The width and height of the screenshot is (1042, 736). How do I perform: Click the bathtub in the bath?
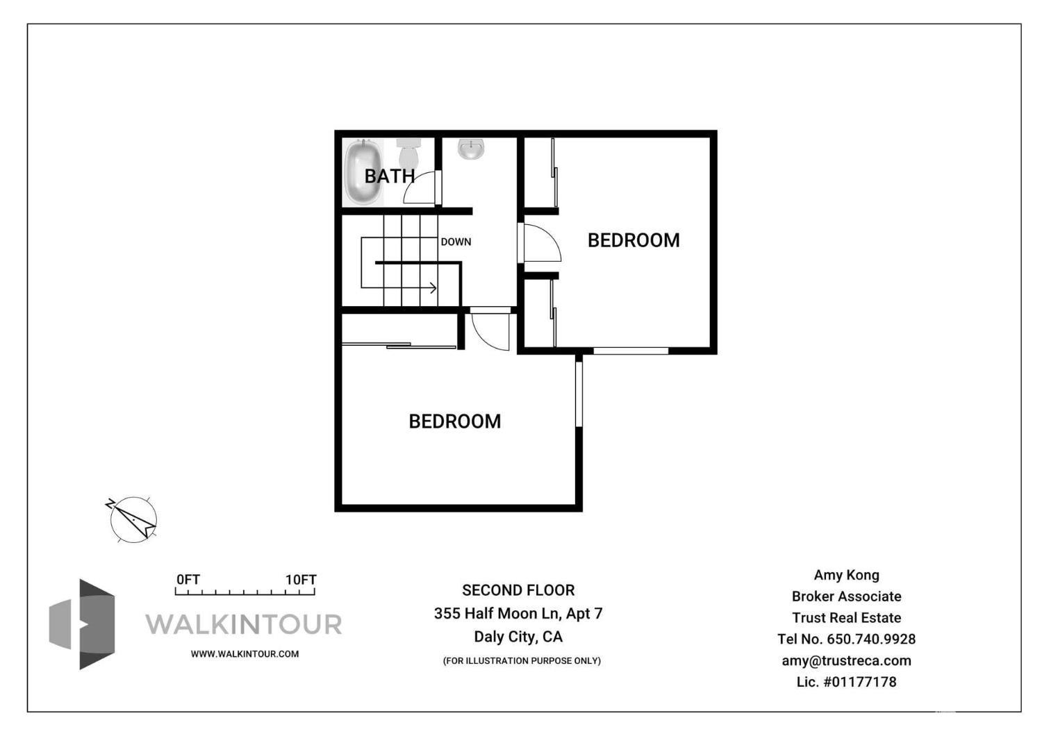click(x=363, y=172)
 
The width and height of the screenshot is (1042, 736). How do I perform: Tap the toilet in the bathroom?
click(x=409, y=151)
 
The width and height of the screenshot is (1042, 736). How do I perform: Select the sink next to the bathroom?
click(x=471, y=149)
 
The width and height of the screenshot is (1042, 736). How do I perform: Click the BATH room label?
click(x=390, y=176)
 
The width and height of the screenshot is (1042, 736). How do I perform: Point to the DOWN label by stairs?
click(x=456, y=242)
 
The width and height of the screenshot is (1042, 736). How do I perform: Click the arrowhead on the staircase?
click(x=433, y=287)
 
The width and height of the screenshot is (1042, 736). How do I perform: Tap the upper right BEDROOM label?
click(x=634, y=240)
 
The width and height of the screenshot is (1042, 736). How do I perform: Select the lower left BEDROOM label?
click(x=454, y=421)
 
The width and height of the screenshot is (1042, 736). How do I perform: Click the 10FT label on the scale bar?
click(x=301, y=580)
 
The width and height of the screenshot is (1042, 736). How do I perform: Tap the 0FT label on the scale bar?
click(x=188, y=580)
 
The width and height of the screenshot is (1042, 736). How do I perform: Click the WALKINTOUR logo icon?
click(x=83, y=624)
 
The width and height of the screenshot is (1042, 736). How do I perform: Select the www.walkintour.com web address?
click(x=245, y=654)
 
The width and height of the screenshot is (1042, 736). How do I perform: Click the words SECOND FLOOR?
click(x=518, y=590)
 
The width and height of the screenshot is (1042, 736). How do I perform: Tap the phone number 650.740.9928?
click(x=870, y=639)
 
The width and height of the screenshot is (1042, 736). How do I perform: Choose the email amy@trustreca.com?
click(x=846, y=660)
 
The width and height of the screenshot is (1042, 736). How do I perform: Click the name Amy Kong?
click(x=846, y=575)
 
